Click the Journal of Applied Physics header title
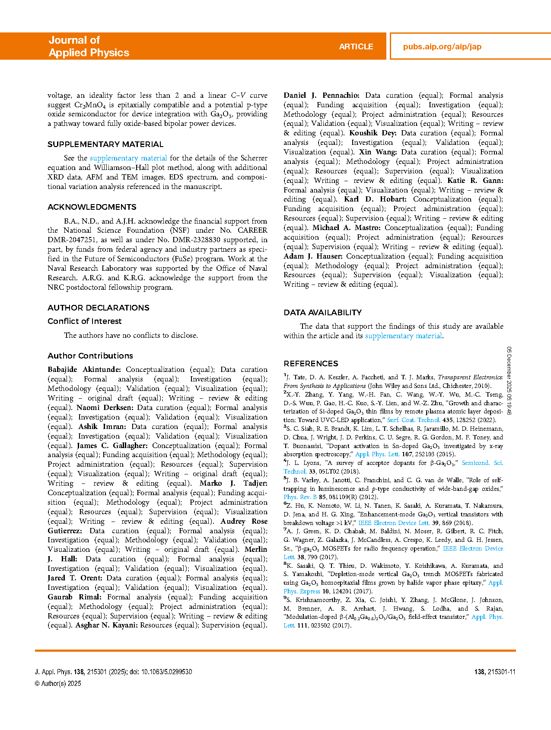(x=89, y=46)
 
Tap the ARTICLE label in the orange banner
(x=356, y=47)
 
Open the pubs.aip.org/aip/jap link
(x=442, y=47)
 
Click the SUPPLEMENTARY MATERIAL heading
(x=105, y=144)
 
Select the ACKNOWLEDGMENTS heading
(x=92, y=207)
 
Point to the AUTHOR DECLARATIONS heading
(x=98, y=308)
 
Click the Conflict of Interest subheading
(x=84, y=321)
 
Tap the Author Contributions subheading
(x=90, y=356)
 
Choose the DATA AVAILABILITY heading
(x=322, y=313)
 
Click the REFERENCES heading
(x=311, y=364)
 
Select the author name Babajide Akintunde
(x=84, y=370)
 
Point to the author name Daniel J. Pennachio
(x=321, y=96)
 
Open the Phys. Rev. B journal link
(x=300, y=497)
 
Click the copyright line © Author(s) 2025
(x=58, y=684)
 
